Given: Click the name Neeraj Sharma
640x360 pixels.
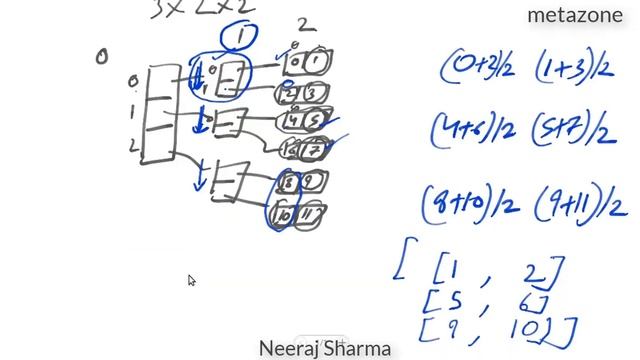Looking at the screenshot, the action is point(325,349).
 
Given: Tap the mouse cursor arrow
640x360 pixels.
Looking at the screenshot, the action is point(191,281).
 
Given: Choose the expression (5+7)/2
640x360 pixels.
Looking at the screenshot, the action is point(572,129).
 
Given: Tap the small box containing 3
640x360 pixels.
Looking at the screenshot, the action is point(314,95).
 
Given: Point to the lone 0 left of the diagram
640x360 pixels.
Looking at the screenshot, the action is point(101,57).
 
